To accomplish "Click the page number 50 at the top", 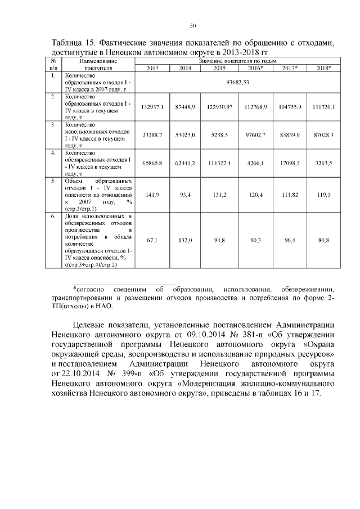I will coord(193,25).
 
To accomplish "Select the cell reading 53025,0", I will coord(185,136).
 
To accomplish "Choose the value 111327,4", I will coord(219,163).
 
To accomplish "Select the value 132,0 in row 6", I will coord(185,240).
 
